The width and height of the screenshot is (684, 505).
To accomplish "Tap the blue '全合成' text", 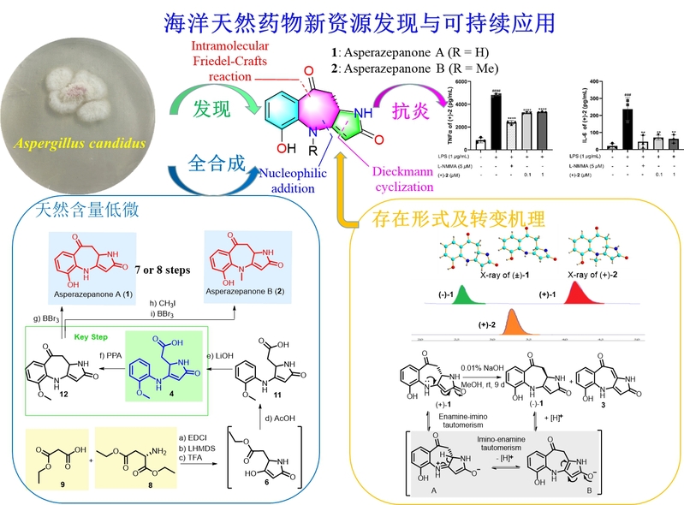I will click(x=208, y=161).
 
